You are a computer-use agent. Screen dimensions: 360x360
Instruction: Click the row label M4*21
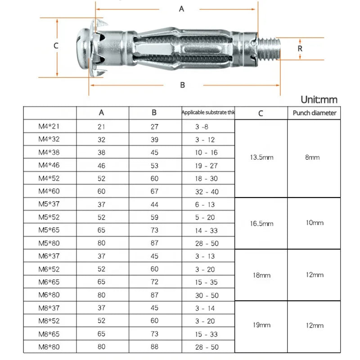49,127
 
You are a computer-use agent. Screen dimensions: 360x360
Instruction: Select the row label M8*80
49,347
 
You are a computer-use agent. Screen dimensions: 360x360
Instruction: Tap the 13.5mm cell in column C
261,157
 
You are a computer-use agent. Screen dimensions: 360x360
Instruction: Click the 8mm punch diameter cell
312,157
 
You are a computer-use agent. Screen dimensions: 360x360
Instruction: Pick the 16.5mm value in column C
261,223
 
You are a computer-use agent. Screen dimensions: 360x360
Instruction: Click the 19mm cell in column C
261,325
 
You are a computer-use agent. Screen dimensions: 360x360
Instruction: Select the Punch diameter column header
314,113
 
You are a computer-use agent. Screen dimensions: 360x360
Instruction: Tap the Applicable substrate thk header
208,112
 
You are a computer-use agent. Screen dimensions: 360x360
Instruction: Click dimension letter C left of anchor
56,45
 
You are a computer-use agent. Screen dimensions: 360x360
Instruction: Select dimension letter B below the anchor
182,85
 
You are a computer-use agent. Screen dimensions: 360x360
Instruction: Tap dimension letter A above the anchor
181,9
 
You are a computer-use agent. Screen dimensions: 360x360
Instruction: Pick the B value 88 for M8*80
154,347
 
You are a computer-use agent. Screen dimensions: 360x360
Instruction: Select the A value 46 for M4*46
102,166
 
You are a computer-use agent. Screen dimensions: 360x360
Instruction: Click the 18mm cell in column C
261,274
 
